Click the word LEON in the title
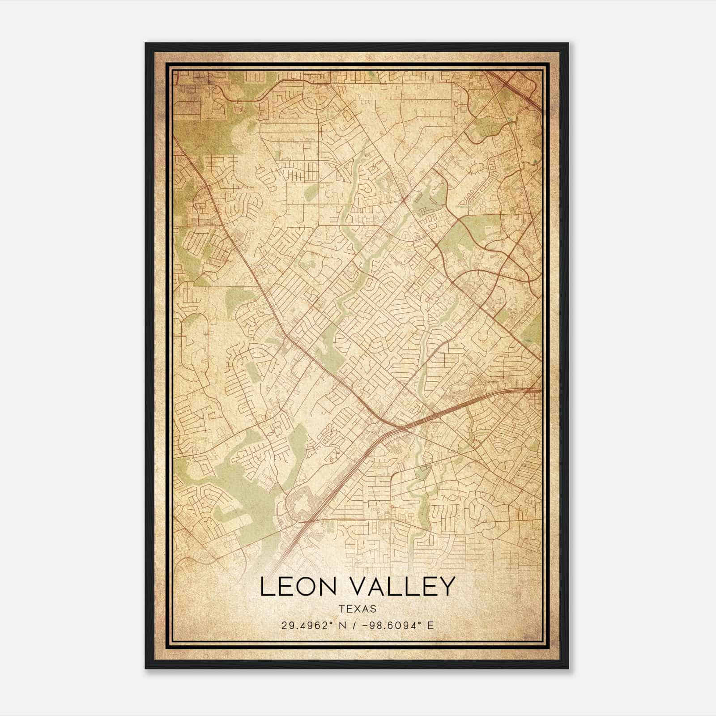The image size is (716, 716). coord(295,587)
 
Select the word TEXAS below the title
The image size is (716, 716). coord(358,609)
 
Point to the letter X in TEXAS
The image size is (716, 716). coord(358,609)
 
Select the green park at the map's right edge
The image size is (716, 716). coord(533,333)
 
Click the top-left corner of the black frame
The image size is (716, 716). coord(146,44)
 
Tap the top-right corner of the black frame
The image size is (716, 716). coord(568,44)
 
